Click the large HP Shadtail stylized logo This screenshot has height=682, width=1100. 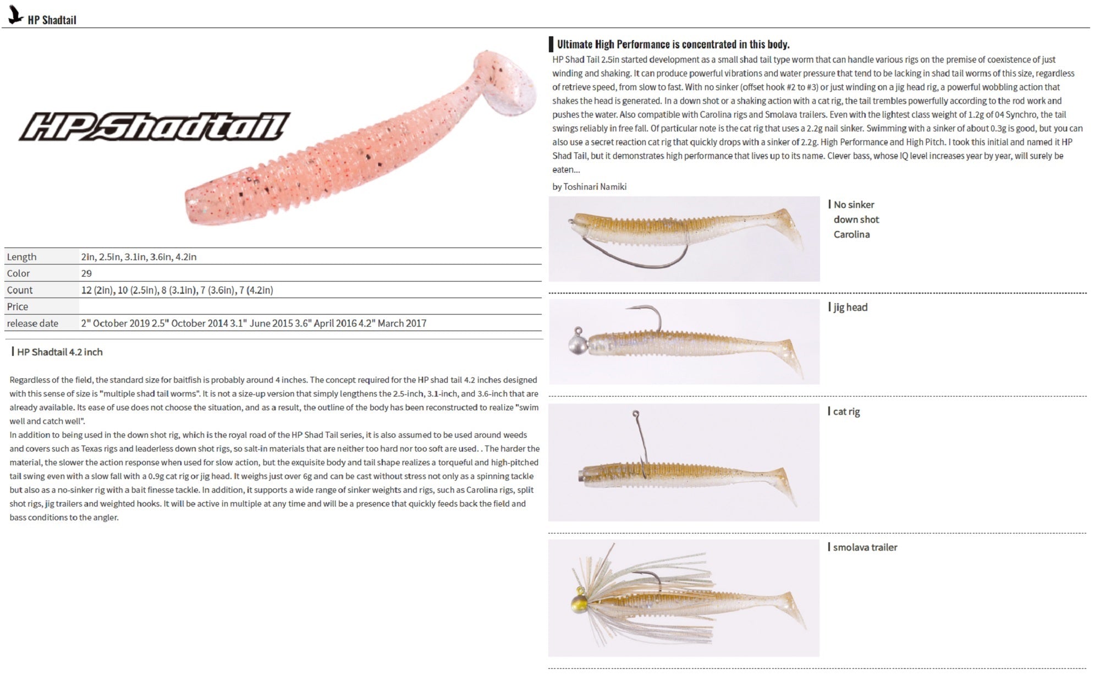[x=155, y=127]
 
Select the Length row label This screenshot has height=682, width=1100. [x=21, y=257]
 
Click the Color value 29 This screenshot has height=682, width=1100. [x=86, y=273]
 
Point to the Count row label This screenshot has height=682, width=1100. [x=20, y=290]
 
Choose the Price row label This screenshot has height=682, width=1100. [x=18, y=306]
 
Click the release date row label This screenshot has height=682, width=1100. [x=32, y=323]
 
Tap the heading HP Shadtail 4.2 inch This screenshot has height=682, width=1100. [x=59, y=352]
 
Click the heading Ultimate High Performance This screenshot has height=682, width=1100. [x=673, y=45]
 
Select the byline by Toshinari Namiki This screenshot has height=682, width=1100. [x=589, y=186]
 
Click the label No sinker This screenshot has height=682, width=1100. [x=854, y=205]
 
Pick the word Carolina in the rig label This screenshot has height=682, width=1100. [x=851, y=234]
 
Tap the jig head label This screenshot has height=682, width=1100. [x=850, y=307]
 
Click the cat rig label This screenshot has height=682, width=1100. [x=846, y=411]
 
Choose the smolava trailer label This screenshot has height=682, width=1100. [x=865, y=547]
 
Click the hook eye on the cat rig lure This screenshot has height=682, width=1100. [x=636, y=413]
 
